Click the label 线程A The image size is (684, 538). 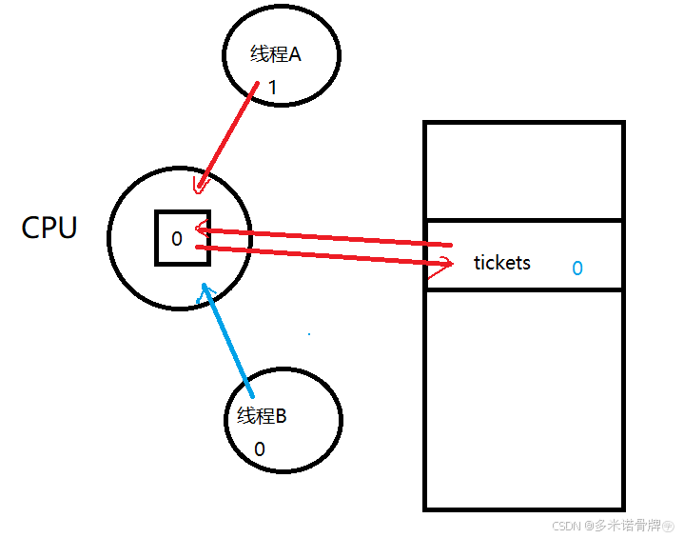pos(276,55)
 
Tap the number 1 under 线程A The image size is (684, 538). pos(272,88)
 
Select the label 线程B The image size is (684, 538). pos(262,416)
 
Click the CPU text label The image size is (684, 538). pos(49,229)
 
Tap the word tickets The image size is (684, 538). pos(501,263)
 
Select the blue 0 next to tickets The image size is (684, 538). pos(577,269)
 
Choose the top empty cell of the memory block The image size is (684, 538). pos(523,171)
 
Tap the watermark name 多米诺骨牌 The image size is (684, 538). pos(629,525)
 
